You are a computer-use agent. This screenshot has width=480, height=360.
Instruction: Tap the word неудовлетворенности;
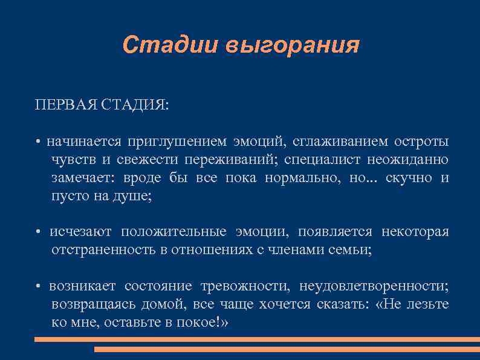tap(374, 286)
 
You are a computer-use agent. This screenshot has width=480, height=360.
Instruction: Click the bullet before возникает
tap(37, 287)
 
